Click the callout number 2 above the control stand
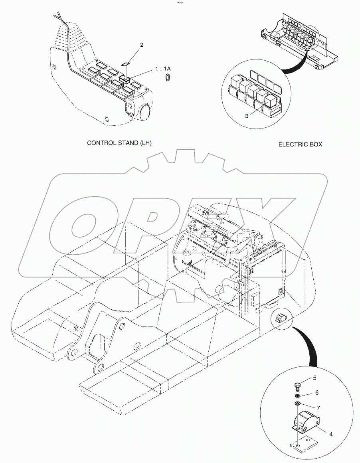pos(141,46)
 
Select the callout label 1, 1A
pos(163,69)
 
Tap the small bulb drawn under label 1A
pos(168,78)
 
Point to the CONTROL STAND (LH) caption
pos(119,142)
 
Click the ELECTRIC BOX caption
pos(300,144)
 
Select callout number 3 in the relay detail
pos(247,116)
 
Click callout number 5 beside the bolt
pos(315,378)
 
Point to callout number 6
pos(317,393)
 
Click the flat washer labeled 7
pos(298,404)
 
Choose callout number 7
pos(318,408)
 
